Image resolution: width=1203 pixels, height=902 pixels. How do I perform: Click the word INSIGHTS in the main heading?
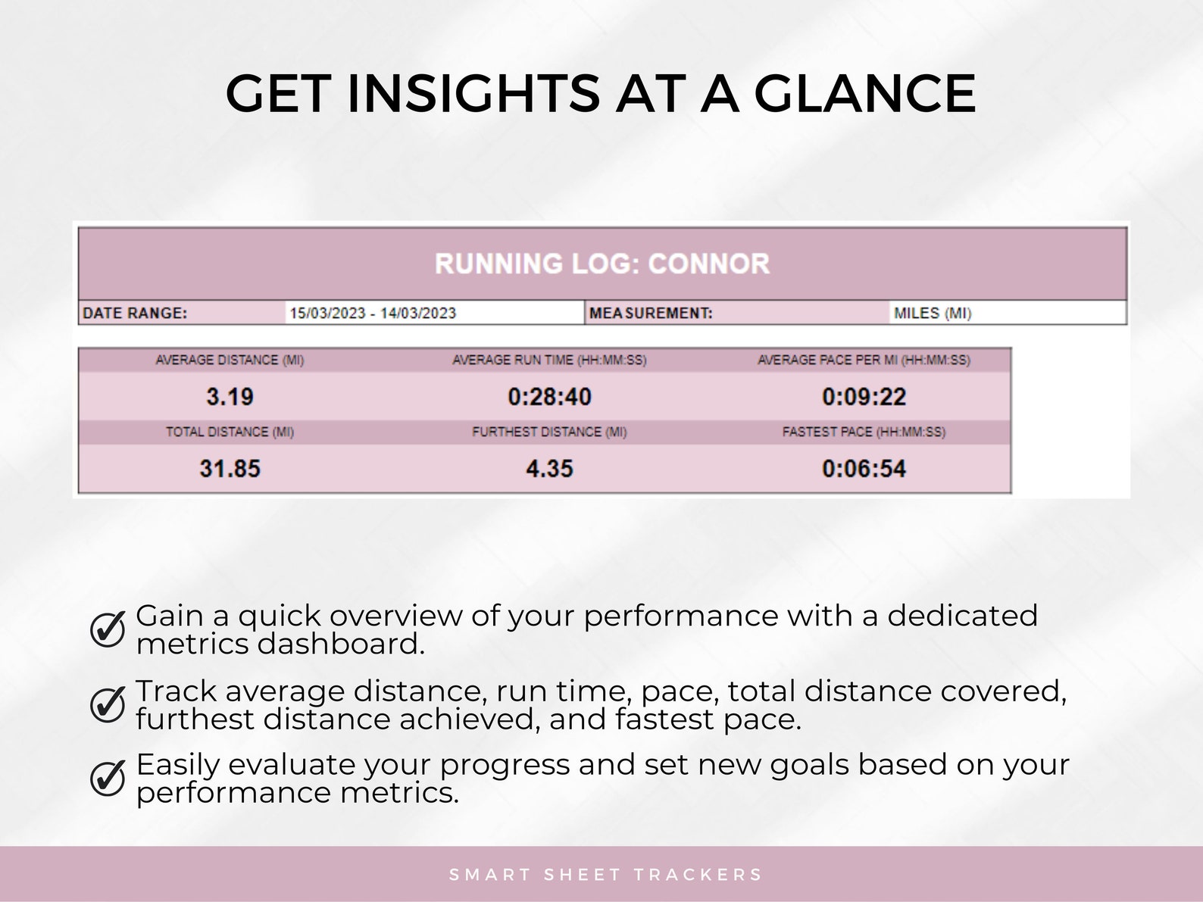pyautogui.click(x=473, y=94)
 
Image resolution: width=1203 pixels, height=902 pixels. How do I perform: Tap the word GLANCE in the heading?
pyautogui.click(x=864, y=94)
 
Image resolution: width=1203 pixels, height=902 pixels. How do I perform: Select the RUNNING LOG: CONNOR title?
pyautogui.click(x=602, y=264)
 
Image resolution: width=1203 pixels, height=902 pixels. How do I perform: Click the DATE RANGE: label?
pyautogui.click(x=135, y=313)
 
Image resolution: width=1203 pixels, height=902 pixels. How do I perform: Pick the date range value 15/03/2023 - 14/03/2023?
pyautogui.click(x=373, y=313)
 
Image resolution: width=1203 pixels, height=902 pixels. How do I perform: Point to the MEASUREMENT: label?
pyautogui.click(x=651, y=313)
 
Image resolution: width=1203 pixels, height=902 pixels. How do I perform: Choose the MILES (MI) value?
pyautogui.click(x=933, y=313)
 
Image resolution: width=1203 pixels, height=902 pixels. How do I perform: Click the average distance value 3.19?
pyautogui.click(x=230, y=397)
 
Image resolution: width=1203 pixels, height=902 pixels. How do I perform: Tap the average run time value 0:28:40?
pyautogui.click(x=549, y=397)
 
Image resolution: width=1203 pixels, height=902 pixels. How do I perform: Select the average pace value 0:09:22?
pyautogui.click(x=864, y=397)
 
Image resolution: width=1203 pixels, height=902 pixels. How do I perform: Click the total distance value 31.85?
pyautogui.click(x=230, y=469)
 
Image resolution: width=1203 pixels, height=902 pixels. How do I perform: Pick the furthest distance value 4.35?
pyautogui.click(x=549, y=469)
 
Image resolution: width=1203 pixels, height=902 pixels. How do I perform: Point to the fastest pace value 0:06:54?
pyautogui.click(x=864, y=469)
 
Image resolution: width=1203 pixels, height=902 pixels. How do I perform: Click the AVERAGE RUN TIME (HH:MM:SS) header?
pyautogui.click(x=549, y=360)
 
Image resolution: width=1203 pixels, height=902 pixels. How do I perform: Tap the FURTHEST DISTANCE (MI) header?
pyautogui.click(x=549, y=432)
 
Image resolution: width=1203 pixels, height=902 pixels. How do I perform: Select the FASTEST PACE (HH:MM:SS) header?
pyautogui.click(x=864, y=432)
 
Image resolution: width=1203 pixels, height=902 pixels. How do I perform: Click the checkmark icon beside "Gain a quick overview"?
pyautogui.click(x=108, y=629)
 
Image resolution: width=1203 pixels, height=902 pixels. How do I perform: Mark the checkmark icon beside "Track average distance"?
pyautogui.click(x=108, y=704)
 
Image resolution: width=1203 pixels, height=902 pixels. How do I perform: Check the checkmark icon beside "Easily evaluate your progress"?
pyautogui.click(x=108, y=778)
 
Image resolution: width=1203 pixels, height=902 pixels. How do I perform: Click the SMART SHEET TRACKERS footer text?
pyautogui.click(x=605, y=875)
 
